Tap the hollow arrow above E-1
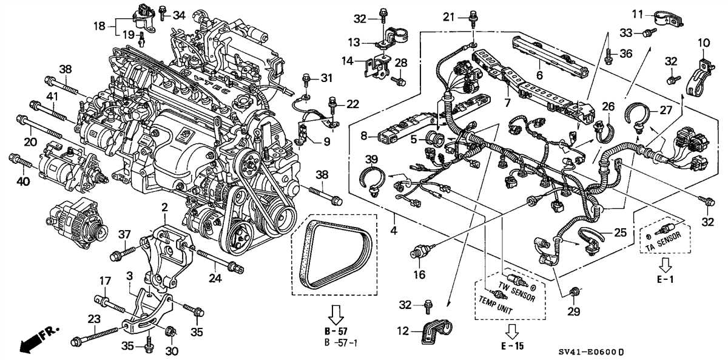coord(666,265)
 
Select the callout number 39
coord(371,160)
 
